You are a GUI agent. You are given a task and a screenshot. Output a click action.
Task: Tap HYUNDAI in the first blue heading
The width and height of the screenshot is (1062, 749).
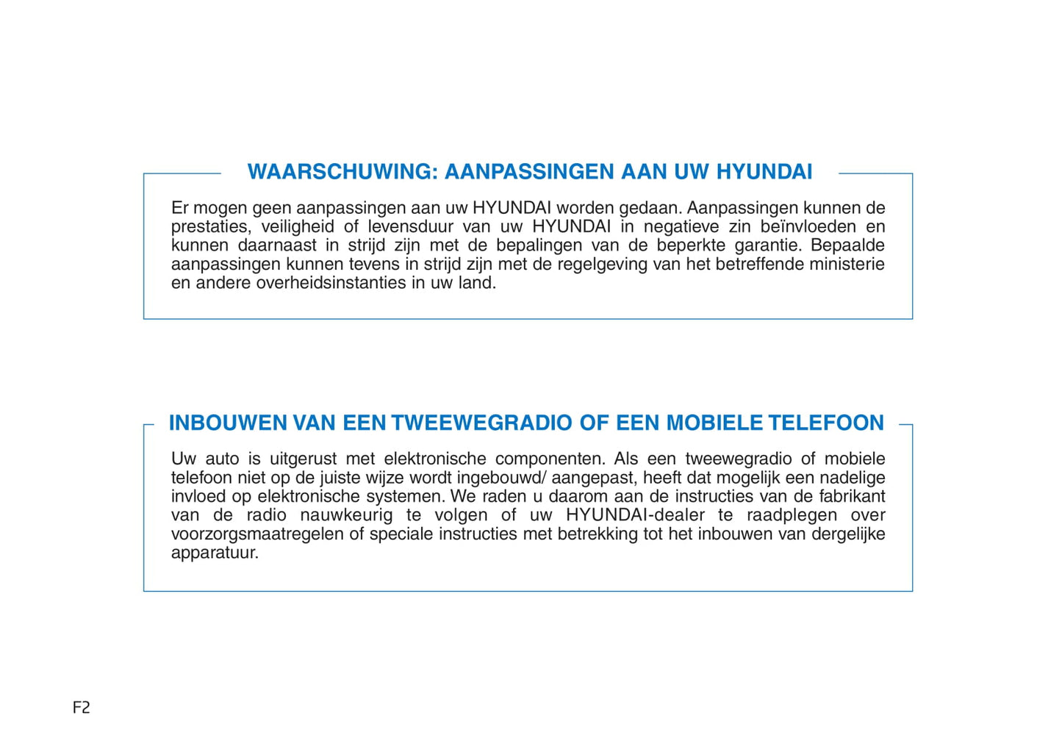click(x=764, y=172)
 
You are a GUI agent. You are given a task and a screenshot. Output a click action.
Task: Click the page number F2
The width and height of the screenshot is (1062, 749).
click(x=82, y=707)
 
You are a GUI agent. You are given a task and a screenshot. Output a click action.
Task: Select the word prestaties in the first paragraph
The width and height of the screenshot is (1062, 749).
click(x=209, y=227)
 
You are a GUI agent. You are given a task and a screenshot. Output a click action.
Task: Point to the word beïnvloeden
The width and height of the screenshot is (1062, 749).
click(x=806, y=227)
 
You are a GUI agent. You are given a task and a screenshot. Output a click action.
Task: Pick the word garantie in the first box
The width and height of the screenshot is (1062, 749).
click(x=766, y=246)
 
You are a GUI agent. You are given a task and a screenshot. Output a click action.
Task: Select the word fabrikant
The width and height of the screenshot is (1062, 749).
click(x=852, y=497)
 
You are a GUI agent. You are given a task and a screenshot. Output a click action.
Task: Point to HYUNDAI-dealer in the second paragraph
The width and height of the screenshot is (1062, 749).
click(x=635, y=515)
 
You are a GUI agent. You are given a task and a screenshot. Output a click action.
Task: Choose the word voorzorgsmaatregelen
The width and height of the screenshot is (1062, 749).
click(x=257, y=534)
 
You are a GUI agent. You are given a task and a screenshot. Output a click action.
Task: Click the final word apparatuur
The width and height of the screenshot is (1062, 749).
click(x=215, y=553)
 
